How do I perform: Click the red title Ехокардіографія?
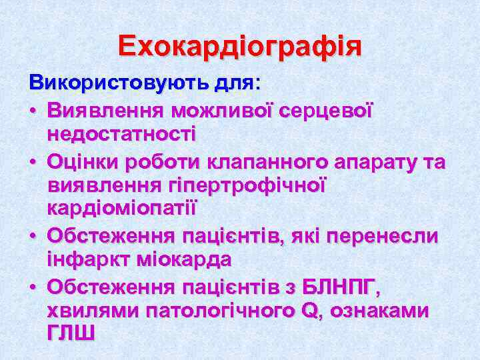(240, 47)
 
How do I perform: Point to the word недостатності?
(122, 134)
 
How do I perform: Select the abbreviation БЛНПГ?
(339, 287)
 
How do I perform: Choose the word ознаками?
(389, 311)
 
